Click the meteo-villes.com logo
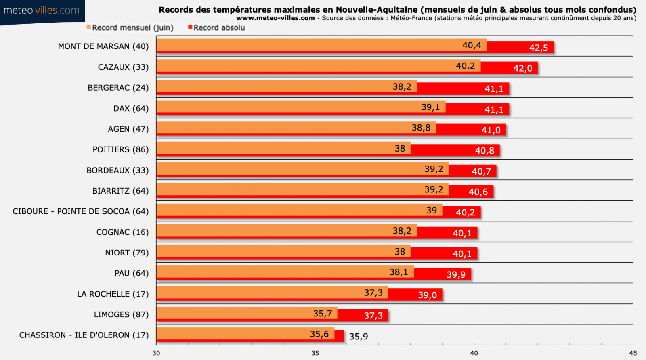(42, 11)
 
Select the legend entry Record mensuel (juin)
(130, 27)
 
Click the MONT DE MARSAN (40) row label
(103, 46)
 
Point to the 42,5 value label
(539, 48)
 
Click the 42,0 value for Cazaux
(522, 69)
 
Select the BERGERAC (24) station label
(118, 88)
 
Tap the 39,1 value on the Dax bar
(430, 107)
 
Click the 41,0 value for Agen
(491, 130)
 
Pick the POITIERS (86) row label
(121, 149)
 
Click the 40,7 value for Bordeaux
(481, 171)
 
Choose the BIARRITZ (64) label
(120, 191)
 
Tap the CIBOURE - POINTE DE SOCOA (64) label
(81, 211)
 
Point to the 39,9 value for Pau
(456, 275)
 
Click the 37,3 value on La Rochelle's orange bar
(373, 293)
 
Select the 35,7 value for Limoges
(323, 314)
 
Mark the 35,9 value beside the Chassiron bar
(359, 337)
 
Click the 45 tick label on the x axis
(633, 353)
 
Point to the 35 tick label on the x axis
(315, 353)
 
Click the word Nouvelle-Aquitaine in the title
(377, 10)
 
